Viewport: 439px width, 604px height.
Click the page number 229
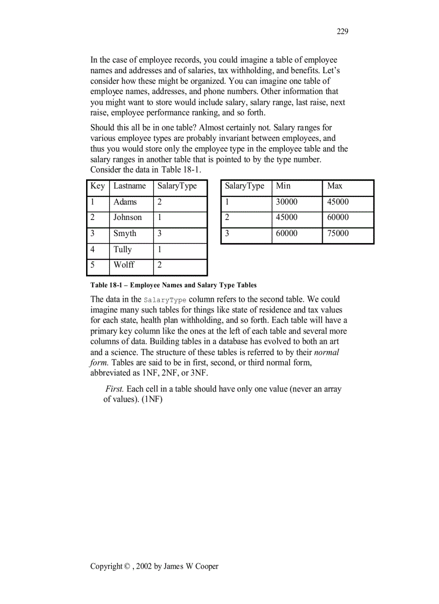click(342, 31)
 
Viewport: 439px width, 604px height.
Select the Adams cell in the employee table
click(125, 202)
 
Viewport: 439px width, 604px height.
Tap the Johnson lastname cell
click(128, 218)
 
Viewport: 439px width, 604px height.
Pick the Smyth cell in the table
click(125, 234)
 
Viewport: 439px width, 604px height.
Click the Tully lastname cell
click(122, 250)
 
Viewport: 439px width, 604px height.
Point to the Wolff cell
click(124, 265)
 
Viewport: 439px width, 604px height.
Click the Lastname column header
click(129, 186)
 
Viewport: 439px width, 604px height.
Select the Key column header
click(97, 186)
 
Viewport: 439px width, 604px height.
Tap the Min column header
click(283, 186)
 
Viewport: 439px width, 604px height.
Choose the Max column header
click(335, 186)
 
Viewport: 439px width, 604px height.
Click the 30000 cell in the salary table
click(287, 202)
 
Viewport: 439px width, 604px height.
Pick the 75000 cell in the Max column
click(338, 233)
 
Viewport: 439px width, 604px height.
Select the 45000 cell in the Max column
click(338, 202)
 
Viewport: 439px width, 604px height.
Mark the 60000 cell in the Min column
click(287, 233)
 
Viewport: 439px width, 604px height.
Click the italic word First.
click(115, 389)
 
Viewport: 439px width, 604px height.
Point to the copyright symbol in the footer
click(127, 566)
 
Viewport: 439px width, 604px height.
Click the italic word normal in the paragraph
click(326, 352)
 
